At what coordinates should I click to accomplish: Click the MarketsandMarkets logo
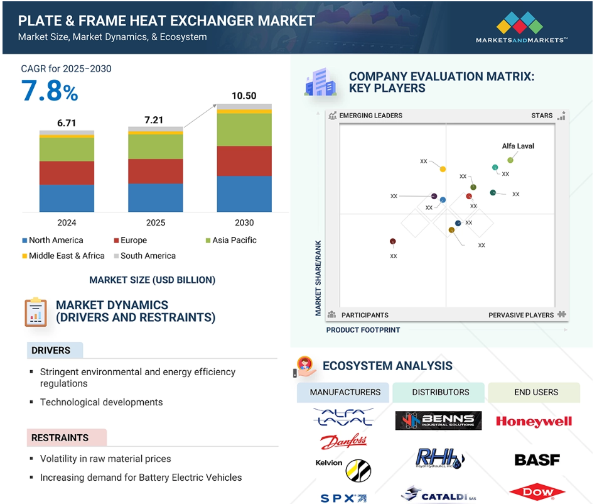point(521,27)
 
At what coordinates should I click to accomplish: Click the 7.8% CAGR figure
point(50,90)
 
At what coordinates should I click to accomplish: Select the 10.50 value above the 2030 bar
point(244,96)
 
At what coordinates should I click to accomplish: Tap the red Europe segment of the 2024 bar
point(67,173)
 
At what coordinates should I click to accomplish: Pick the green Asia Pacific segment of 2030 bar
point(244,129)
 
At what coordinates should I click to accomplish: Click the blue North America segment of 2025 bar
point(155,197)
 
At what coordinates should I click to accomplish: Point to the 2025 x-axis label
point(155,222)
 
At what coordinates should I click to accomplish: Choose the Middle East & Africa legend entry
point(63,256)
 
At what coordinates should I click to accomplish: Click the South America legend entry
point(144,256)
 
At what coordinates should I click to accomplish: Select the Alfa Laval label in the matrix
point(518,146)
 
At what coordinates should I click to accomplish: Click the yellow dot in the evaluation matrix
point(443,169)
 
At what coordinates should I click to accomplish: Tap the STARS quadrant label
point(542,116)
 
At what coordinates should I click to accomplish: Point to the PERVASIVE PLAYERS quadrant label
point(521,315)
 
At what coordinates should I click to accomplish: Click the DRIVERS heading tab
point(55,350)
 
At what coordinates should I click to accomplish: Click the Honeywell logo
point(534,421)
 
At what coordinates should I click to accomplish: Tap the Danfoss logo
point(343,442)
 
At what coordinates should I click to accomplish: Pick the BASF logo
point(537,460)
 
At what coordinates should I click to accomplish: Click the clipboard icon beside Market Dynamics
point(36,312)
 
